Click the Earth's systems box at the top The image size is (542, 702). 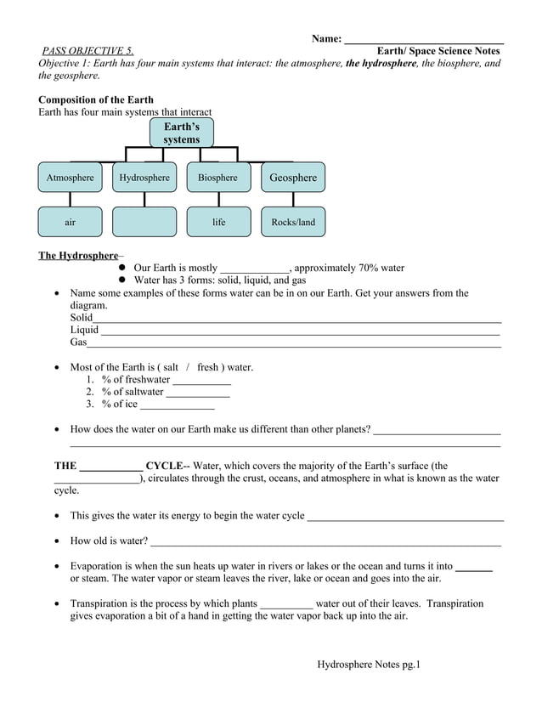click(x=181, y=133)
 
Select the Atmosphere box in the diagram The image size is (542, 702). click(x=71, y=178)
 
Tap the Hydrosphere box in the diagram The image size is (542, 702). click(x=144, y=178)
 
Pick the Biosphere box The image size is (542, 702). click(x=218, y=178)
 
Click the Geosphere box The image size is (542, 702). click(x=292, y=178)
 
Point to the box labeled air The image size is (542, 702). click(x=71, y=222)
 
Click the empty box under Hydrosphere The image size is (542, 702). click(x=144, y=222)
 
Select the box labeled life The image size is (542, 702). click(x=218, y=222)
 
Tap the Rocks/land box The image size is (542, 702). click(x=292, y=222)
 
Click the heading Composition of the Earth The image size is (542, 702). click(x=96, y=99)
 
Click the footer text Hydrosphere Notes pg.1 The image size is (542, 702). click(x=369, y=664)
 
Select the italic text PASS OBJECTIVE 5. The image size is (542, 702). click(x=88, y=51)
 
